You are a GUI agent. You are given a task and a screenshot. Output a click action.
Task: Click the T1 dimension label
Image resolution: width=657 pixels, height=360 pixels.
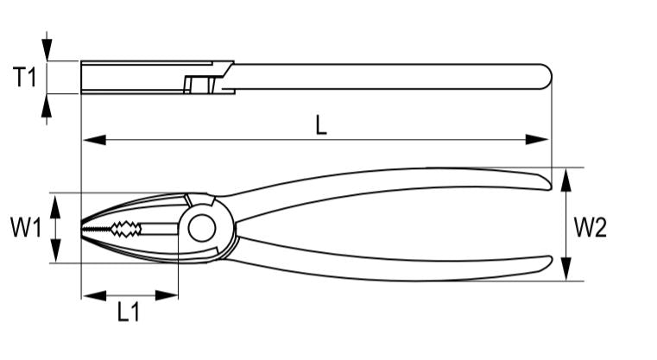[24, 78]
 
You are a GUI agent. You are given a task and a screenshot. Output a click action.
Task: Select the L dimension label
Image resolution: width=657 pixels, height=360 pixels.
[320, 125]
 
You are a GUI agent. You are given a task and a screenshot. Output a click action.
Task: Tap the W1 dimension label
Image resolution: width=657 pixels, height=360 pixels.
[25, 229]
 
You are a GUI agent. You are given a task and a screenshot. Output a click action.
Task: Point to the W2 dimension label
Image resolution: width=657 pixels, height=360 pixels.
[591, 228]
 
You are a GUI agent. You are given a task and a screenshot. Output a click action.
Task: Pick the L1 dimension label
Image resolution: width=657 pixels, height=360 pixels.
[129, 313]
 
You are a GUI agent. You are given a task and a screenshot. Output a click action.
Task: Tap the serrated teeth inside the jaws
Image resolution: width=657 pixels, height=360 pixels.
[120, 229]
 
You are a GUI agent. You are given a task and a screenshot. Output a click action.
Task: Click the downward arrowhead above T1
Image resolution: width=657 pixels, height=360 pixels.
[47, 50]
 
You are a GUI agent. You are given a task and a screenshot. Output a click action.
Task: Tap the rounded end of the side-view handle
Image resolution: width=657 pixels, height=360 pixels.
[546, 77]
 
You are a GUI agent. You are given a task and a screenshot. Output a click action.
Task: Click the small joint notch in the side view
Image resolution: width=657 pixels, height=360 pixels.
[200, 85]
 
